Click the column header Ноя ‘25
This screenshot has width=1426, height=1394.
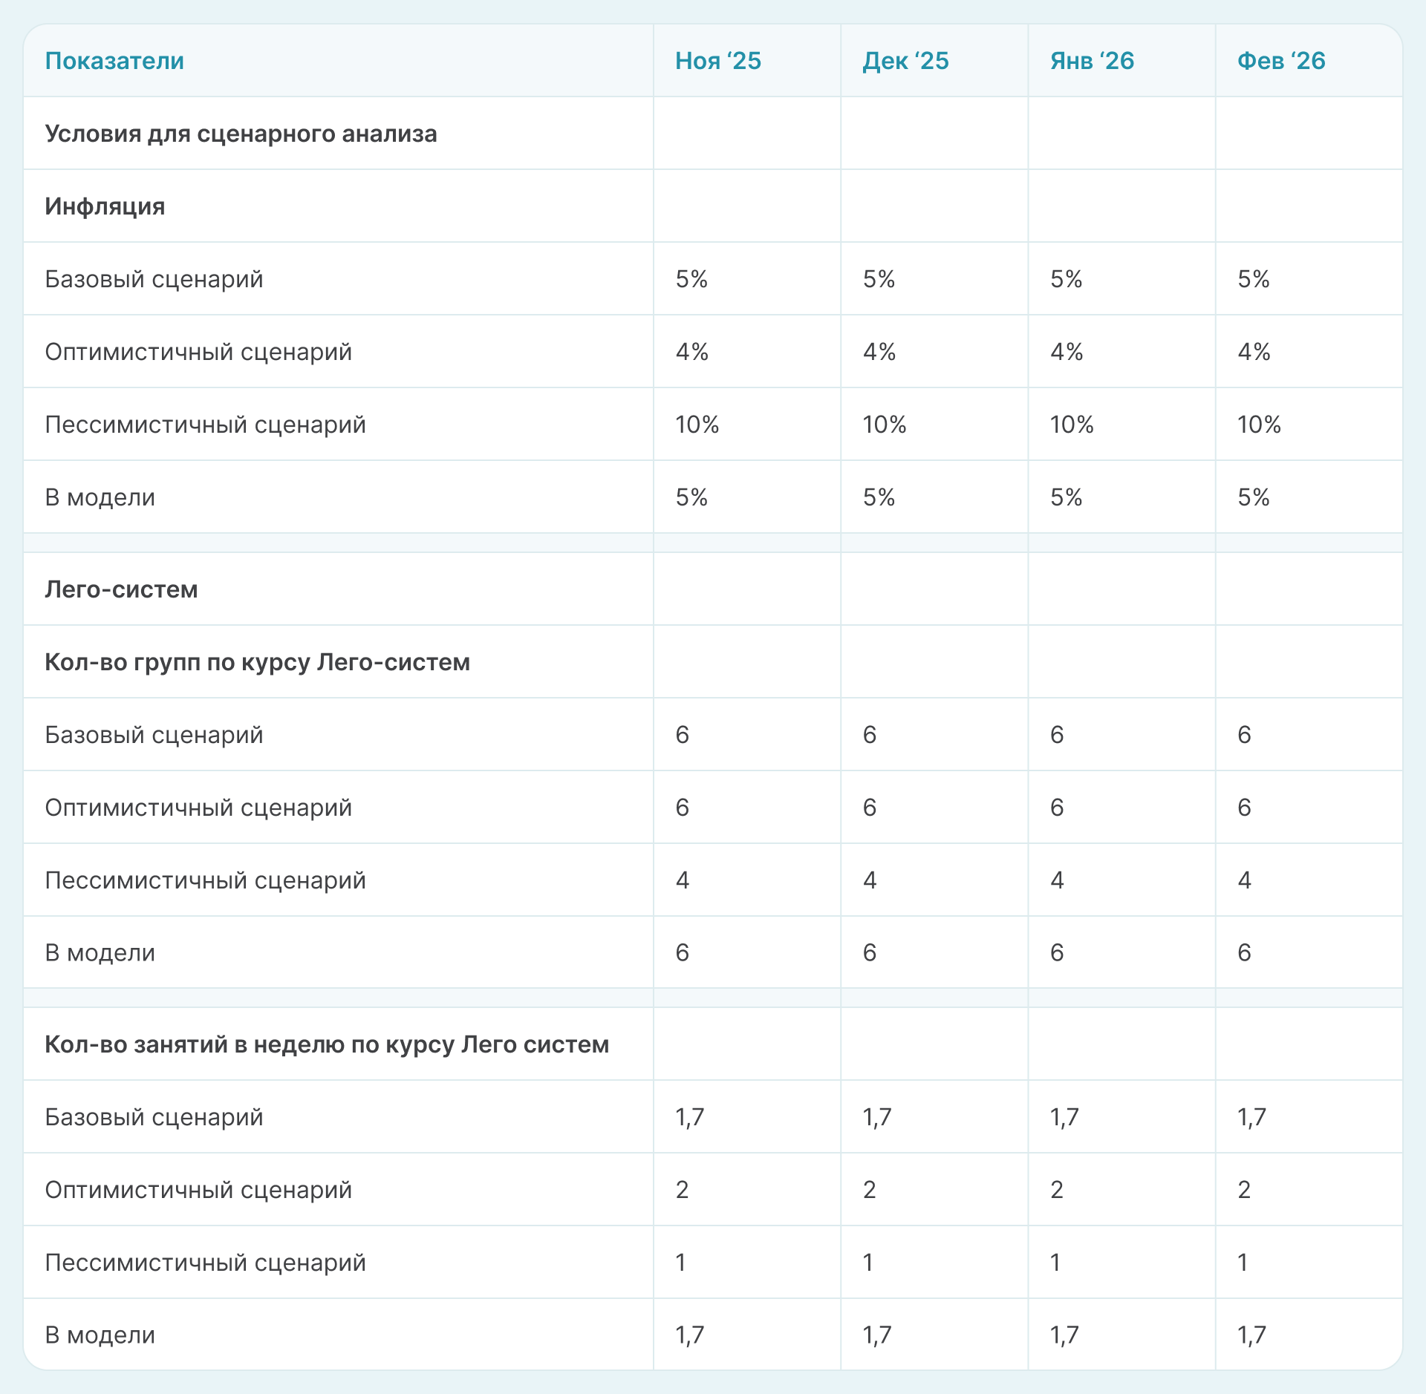coord(717,61)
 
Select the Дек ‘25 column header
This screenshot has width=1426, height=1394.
coord(905,61)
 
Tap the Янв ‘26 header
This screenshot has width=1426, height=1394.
coord(1092,61)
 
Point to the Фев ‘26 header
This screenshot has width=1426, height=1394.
coord(1281,61)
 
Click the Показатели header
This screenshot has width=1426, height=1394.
coord(114,61)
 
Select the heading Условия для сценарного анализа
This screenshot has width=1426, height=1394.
coord(241,134)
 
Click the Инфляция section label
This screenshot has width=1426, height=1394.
coord(105,206)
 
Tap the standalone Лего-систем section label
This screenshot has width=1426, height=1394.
coord(121,589)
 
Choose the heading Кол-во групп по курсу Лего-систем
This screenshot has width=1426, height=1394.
coord(257,662)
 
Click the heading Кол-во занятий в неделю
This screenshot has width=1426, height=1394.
coord(327,1044)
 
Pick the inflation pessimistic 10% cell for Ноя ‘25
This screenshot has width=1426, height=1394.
coord(697,425)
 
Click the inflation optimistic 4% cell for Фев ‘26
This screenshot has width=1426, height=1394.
coord(1254,352)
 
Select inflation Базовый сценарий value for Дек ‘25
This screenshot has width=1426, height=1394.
coord(879,279)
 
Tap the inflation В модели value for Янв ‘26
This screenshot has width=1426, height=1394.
coord(1066,497)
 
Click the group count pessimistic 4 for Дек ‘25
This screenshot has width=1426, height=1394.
coord(870,880)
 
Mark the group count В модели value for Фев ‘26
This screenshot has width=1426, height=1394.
coord(1244,952)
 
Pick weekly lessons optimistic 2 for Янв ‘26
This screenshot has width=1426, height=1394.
coord(1057,1190)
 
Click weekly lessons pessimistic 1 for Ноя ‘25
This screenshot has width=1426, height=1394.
coord(681,1263)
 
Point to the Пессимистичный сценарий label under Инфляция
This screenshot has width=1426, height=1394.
coord(205,425)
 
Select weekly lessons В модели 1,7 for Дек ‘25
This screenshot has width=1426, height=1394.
coord(876,1335)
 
